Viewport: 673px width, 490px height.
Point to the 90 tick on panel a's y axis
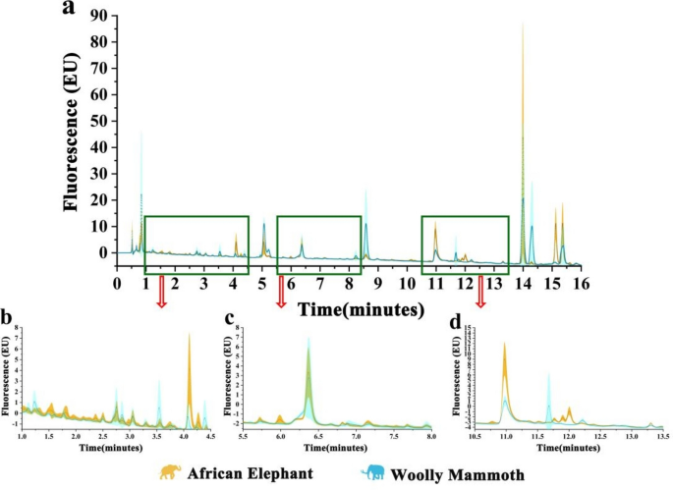click(97, 16)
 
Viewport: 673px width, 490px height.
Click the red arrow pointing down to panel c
click(281, 291)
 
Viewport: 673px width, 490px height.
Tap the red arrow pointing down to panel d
click(481, 291)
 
